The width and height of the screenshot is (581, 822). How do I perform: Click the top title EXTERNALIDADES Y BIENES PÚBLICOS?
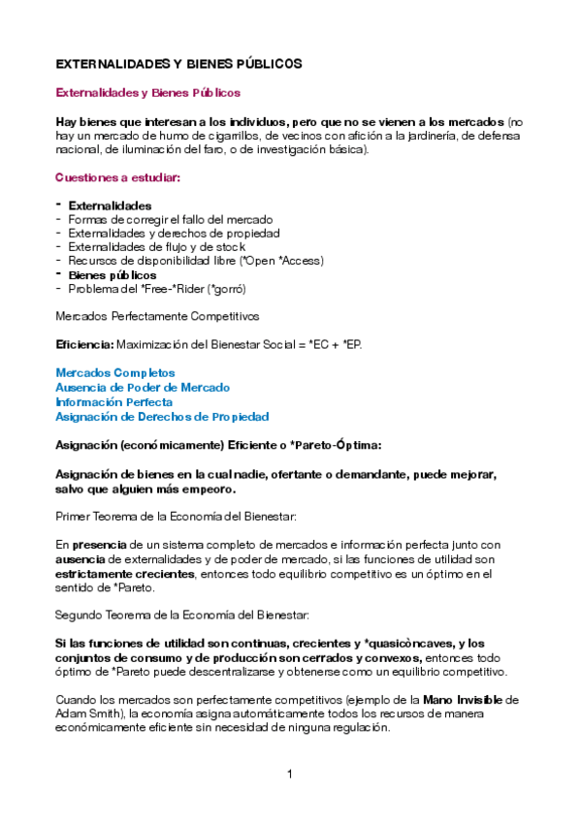coord(178,63)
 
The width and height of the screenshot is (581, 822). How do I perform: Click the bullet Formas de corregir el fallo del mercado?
coord(171,220)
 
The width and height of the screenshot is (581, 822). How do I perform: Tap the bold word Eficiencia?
coord(84,344)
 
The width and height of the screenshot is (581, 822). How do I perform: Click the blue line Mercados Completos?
coord(115,373)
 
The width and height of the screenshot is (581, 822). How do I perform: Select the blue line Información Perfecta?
coord(114,401)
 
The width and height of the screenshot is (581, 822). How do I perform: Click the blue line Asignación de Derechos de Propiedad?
coord(162,416)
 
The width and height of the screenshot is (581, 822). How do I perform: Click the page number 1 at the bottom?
coord(290,775)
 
